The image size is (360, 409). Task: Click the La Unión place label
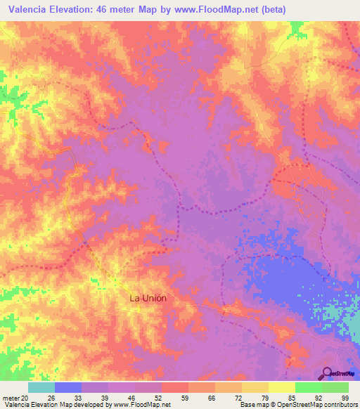(148, 298)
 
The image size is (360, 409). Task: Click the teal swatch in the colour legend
(41, 387)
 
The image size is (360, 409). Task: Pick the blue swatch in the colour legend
(68, 387)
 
